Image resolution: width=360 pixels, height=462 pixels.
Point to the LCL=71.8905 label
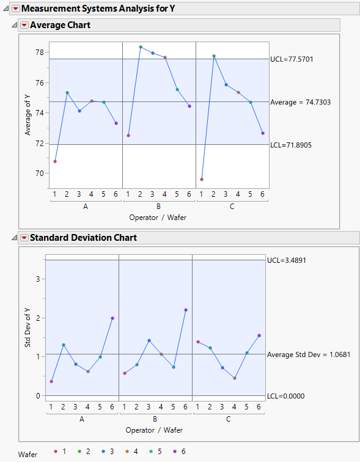(295, 145)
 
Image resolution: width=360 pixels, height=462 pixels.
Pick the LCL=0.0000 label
(286, 396)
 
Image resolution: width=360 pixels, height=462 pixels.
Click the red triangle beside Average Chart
(24, 25)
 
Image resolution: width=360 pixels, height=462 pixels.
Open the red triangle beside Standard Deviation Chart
(24, 238)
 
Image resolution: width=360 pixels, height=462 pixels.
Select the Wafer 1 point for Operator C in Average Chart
(202, 179)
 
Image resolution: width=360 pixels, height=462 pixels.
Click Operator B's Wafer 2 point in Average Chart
(141, 47)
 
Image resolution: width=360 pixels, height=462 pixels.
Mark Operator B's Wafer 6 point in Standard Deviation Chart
(186, 310)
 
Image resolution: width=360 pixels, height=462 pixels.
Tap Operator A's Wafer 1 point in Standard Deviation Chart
(51, 381)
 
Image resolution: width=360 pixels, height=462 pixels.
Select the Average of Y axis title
(27, 111)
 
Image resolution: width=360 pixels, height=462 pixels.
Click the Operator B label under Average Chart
(158, 207)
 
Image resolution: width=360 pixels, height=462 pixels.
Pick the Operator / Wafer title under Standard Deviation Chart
(154, 430)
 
